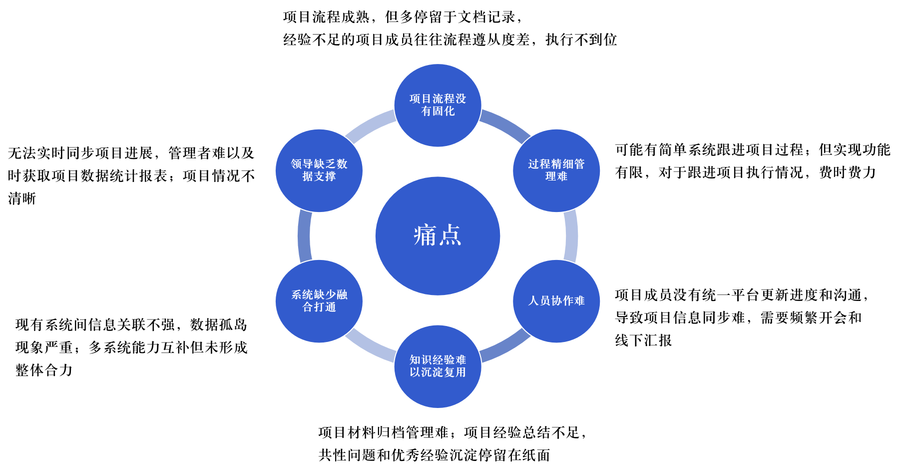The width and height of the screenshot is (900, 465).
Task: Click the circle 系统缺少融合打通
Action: pyautogui.click(x=319, y=325)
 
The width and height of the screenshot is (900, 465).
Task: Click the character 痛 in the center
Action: pyautogui.click(x=425, y=235)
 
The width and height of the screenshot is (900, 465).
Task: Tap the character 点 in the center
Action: pyautogui.click(x=450, y=235)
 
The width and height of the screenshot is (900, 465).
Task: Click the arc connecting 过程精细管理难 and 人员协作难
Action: pyautogui.click(x=571, y=236)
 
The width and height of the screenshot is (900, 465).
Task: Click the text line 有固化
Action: pyautogui.click(x=438, y=111)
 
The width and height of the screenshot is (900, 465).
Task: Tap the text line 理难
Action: pyautogui.click(x=556, y=176)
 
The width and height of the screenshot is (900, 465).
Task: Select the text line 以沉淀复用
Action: pyautogui.click(x=438, y=372)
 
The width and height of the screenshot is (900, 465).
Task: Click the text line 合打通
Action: pyautogui.click(x=319, y=307)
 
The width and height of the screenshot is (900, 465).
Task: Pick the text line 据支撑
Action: pyautogui.click(x=319, y=176)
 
